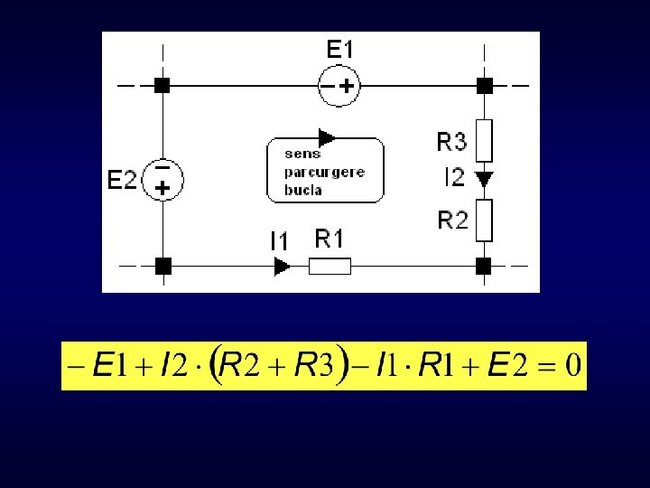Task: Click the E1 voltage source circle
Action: pos(339,86)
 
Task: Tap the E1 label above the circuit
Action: pos(339,51)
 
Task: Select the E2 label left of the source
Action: pos(122,180)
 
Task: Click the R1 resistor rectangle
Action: pos(330,267)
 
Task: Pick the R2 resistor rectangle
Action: pos(485,221)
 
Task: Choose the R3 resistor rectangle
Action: pos(485,139)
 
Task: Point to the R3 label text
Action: pos(451,142)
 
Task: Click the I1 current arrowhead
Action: pos(282,267)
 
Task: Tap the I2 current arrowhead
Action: pos(485,179)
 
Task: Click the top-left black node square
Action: pos(162,86)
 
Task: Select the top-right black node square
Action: pos(485,86)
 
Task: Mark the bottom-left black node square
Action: pos(162,267)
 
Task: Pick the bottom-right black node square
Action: pos(484,267)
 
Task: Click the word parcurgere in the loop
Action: pos(324,173)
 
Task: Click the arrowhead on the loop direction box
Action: pos(327,138)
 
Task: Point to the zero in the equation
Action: pos(571,367)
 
